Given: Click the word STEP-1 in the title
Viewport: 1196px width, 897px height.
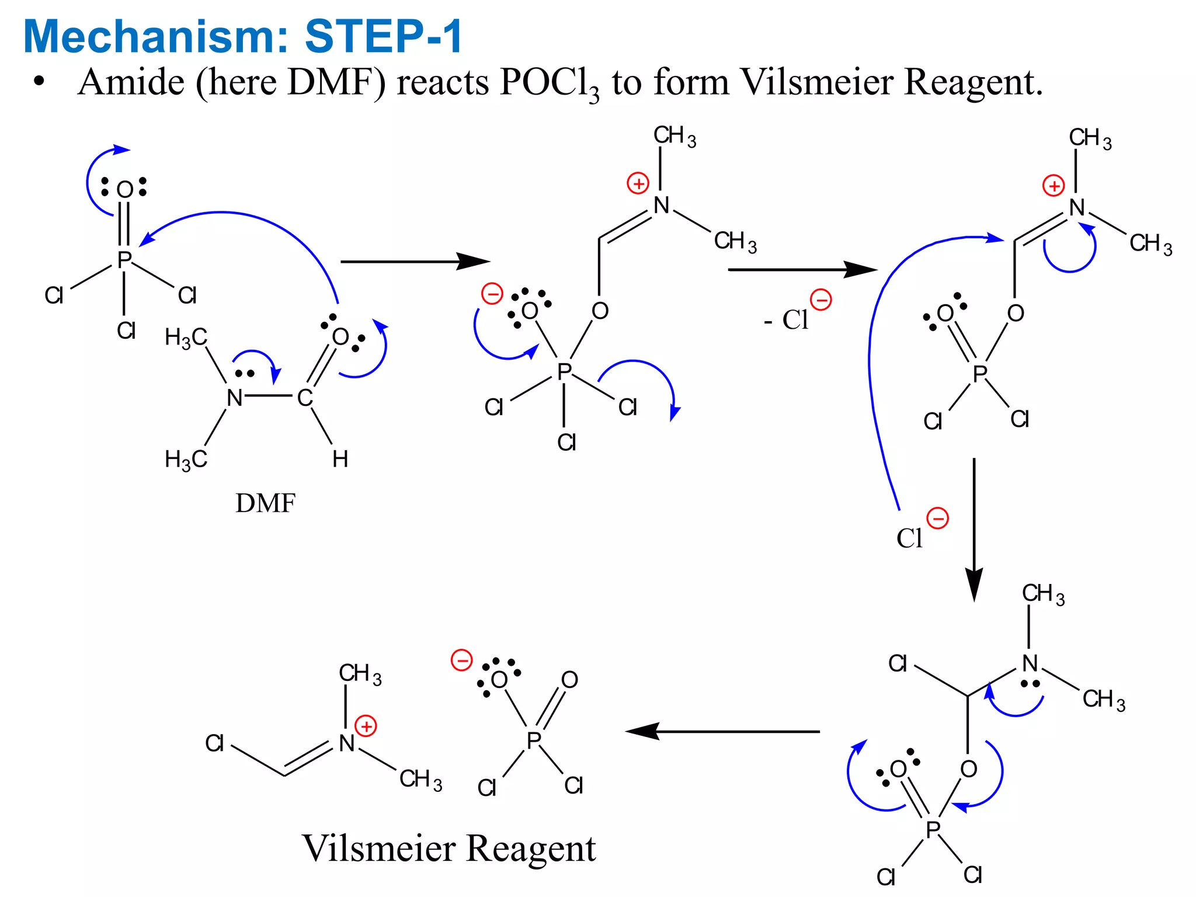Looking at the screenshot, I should coord(384,36).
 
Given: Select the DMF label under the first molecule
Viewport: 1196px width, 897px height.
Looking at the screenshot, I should coord(265,503).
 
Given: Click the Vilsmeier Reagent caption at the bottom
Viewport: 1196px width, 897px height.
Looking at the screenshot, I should coord(448,848).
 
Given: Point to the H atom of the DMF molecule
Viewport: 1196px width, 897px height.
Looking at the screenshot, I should coord(340,460).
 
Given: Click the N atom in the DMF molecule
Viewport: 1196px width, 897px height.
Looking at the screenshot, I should coord(234,398).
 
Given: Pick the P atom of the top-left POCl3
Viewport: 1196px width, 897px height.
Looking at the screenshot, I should coord(124,260).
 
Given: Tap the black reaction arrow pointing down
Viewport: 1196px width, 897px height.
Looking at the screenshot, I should coord(974,529).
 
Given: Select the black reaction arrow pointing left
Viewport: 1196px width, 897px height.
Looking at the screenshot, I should coord(722,731).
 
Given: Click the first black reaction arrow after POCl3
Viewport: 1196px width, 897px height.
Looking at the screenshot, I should coord(415,262).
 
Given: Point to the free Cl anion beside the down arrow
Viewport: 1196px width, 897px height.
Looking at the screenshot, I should coord(910,538).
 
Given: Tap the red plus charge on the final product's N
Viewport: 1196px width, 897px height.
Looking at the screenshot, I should coord(366,726).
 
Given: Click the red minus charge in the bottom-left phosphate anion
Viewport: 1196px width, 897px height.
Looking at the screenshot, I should coord(461,661).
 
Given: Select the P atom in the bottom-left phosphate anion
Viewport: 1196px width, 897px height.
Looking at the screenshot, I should coord(534,740).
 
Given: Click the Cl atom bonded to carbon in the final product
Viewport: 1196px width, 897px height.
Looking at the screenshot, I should coord(214,743).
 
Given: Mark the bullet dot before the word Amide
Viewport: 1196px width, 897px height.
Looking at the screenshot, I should coord(39,82).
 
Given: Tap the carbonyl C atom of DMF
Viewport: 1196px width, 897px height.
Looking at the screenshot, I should coord(305,398).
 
